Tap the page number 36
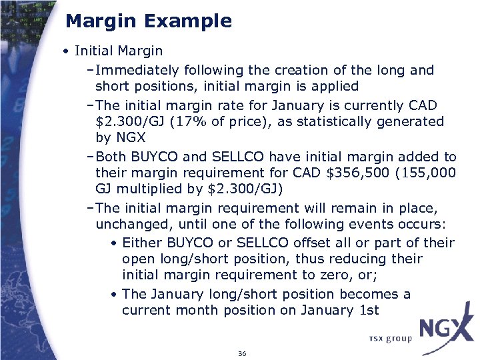click(x=242, y=353)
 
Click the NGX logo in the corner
click(x=447, y=329)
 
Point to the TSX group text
click(x=390, y=339)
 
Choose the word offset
click(x=313, y=243)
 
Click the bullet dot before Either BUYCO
click(x=115, y=243)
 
